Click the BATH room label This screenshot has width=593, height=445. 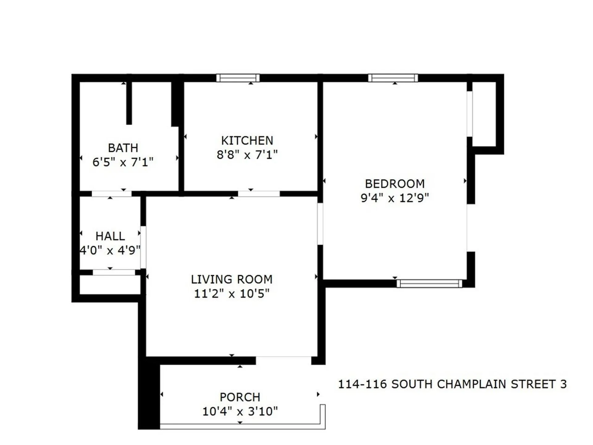[x=123, y=148]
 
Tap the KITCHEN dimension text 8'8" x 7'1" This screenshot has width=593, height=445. [x=247, y=155]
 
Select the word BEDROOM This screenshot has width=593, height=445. [x=395, y=184]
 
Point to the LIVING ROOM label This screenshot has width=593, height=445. [x=232, y=279]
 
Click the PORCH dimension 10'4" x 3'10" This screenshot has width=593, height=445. [x=240, y=411]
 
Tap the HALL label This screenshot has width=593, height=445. [x=110, y=236]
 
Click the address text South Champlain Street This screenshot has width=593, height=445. [x=452, y=384]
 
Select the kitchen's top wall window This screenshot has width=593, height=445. [x=238, y=78]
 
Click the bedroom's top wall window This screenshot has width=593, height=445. [x=393, y=78]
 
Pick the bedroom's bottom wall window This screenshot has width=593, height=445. [x=429, y=283]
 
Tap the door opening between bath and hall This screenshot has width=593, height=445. [x=111, y=194]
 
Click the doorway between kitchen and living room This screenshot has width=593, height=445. [x=259, y=194]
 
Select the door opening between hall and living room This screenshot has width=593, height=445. [x=143, y=247]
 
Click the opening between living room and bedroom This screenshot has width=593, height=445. [x=320, y=224]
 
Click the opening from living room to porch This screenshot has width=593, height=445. [x=283, y=360]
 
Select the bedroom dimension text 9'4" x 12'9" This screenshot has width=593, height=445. [x=395, y=198]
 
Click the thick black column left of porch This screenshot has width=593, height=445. [x=149, y=397]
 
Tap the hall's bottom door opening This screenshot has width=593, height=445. [x=114, y=272]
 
